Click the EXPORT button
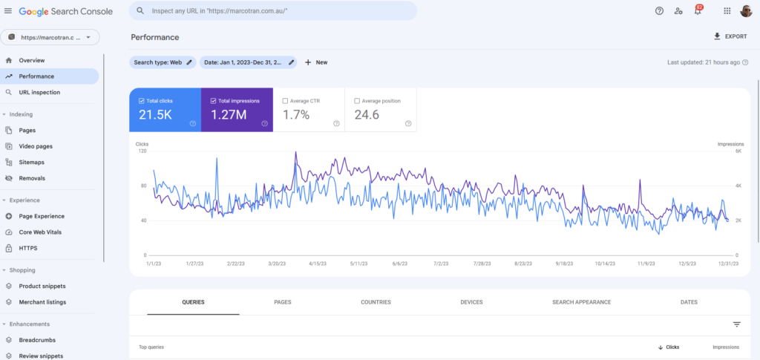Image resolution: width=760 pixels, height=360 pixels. pyautogui.click(x=730, y=36)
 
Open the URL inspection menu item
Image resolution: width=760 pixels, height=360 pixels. pyautogui.click(x=39, y=92)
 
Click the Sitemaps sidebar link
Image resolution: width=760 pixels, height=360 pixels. pyautogui.click(x=32, y=162)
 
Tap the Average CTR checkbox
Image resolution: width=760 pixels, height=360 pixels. pyautogui.click(x=286, y=100)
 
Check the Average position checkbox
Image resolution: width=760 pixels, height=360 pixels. pyautogui.click(x=358, y=100)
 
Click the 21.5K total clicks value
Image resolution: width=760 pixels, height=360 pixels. pyautogui.click(x=157, y=114)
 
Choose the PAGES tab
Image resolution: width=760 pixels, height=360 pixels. pyautogui.click(x=282, y=302)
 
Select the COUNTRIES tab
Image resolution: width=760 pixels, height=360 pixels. pyautogui.click(x=376, y=302)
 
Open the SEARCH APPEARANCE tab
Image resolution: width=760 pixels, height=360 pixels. pyautogui.click(x=581, y=302)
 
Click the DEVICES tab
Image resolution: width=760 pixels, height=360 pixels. pyautogui.click(x=471, y=302)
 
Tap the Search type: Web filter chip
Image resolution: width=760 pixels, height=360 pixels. pyautogui.click(x=163, y=62)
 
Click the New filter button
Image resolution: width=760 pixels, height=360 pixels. pyautogui.click(x=316, y=62)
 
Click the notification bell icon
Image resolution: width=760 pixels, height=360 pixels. pyautogui.click(x=698, y=11)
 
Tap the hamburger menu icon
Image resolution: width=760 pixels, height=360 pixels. pyautogui.click(x=8, y=11)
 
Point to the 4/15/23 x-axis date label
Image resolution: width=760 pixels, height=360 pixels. pyautogui.click(x=319, y=263)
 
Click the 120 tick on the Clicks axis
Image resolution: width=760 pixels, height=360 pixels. pyautogui.click(x=141, y=151)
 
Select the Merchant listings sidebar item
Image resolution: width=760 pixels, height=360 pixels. pyautogui.click(x=42, y=302)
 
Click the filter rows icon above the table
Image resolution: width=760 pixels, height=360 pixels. pyautogui.click(x=736, y=324)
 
